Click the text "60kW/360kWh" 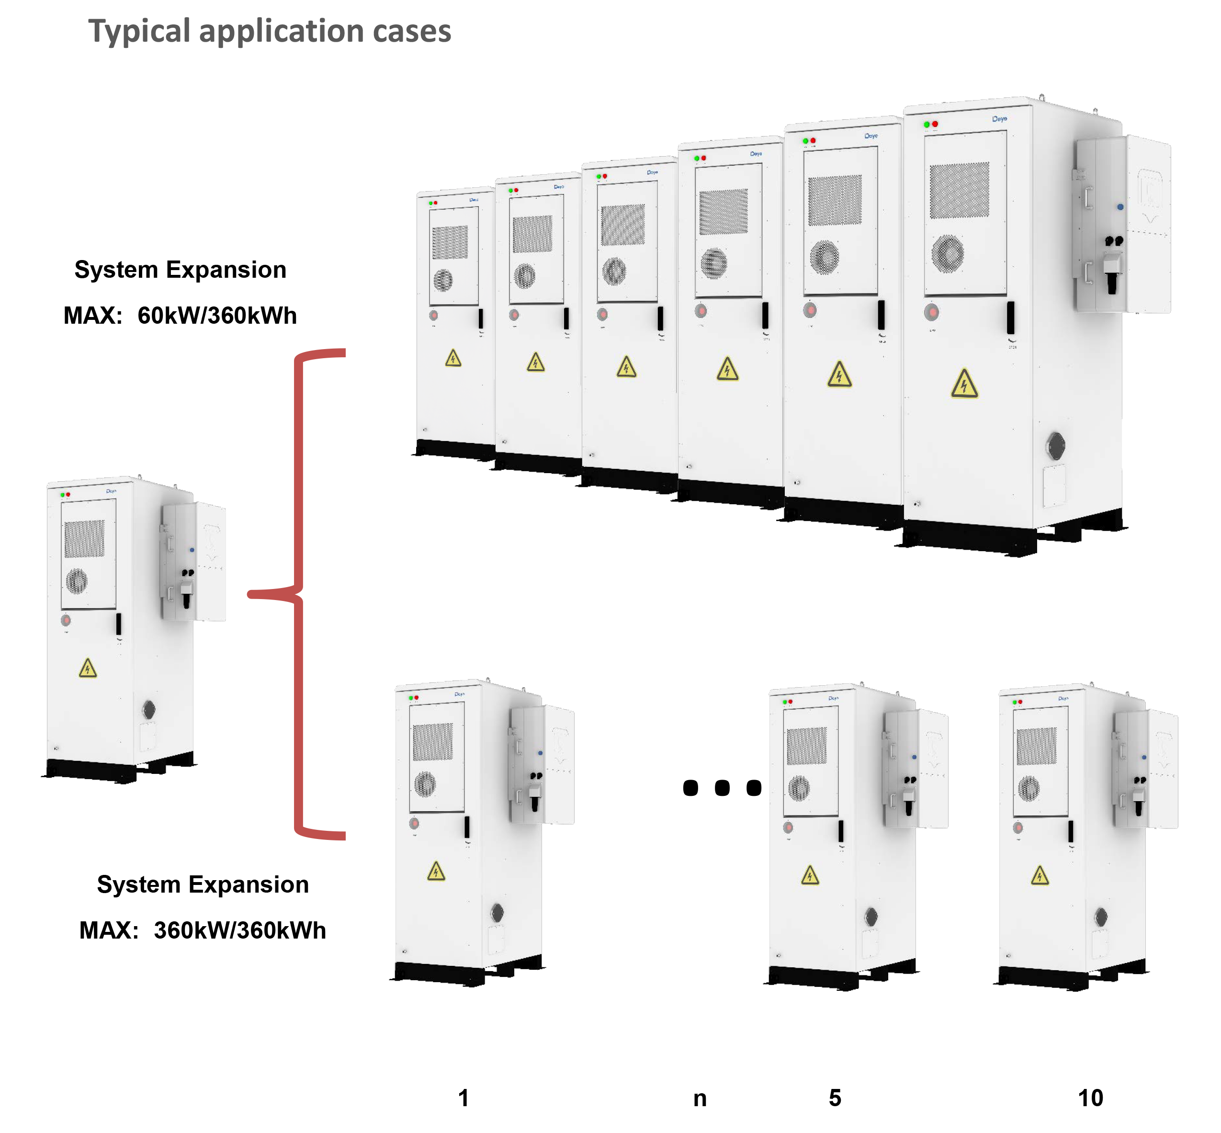point(216,315)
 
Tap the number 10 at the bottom point(1090,1098)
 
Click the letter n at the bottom point(700,1099)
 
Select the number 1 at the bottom point(464,1098)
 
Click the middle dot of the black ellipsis point(722,787)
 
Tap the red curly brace point(298,593)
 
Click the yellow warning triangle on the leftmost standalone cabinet point(88,668)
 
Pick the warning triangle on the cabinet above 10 point(1040,875)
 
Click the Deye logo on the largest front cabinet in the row point(999,119)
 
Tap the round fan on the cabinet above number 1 point(425,783)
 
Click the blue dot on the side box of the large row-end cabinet point(1120,207)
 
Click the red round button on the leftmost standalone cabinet point(66,621)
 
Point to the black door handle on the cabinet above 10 point(1070,831)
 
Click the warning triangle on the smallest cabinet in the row point(453,358)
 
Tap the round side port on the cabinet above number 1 point(497,913)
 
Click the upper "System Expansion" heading point(180,269)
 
